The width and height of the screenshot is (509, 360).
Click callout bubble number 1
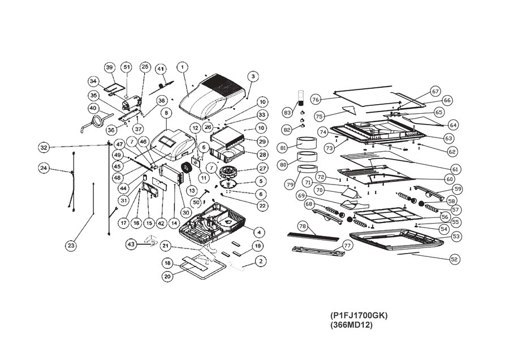pyautogui.click(x=182, y=67)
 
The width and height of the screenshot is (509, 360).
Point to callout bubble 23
pyautogui.click(x=71, y=246)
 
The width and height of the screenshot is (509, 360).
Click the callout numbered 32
pyautogui.click(x=44, y=148)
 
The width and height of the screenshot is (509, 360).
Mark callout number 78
pyautogui.click(x=303, y=226)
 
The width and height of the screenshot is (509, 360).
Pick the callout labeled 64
pyautogui.click(x=453, y=125)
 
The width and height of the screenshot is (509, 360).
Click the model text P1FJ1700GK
pyautogui.click(x=359, y=315)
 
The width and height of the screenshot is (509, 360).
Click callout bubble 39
pyautogui.click(x=110, y=67)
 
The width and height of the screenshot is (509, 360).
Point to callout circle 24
pyautogui.click(x=44, y=168)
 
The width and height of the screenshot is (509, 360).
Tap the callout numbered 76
pyautogui.click(x=316, y=100)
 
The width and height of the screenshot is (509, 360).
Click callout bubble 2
pyautogui.click(x=260, y=262)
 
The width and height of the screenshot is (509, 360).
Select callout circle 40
pyautogui.click(x=93, y=108)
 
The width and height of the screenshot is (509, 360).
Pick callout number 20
pyautogui.click(x=167, y=276)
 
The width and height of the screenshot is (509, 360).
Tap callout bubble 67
pyautogui.click(x=435, y=91)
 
